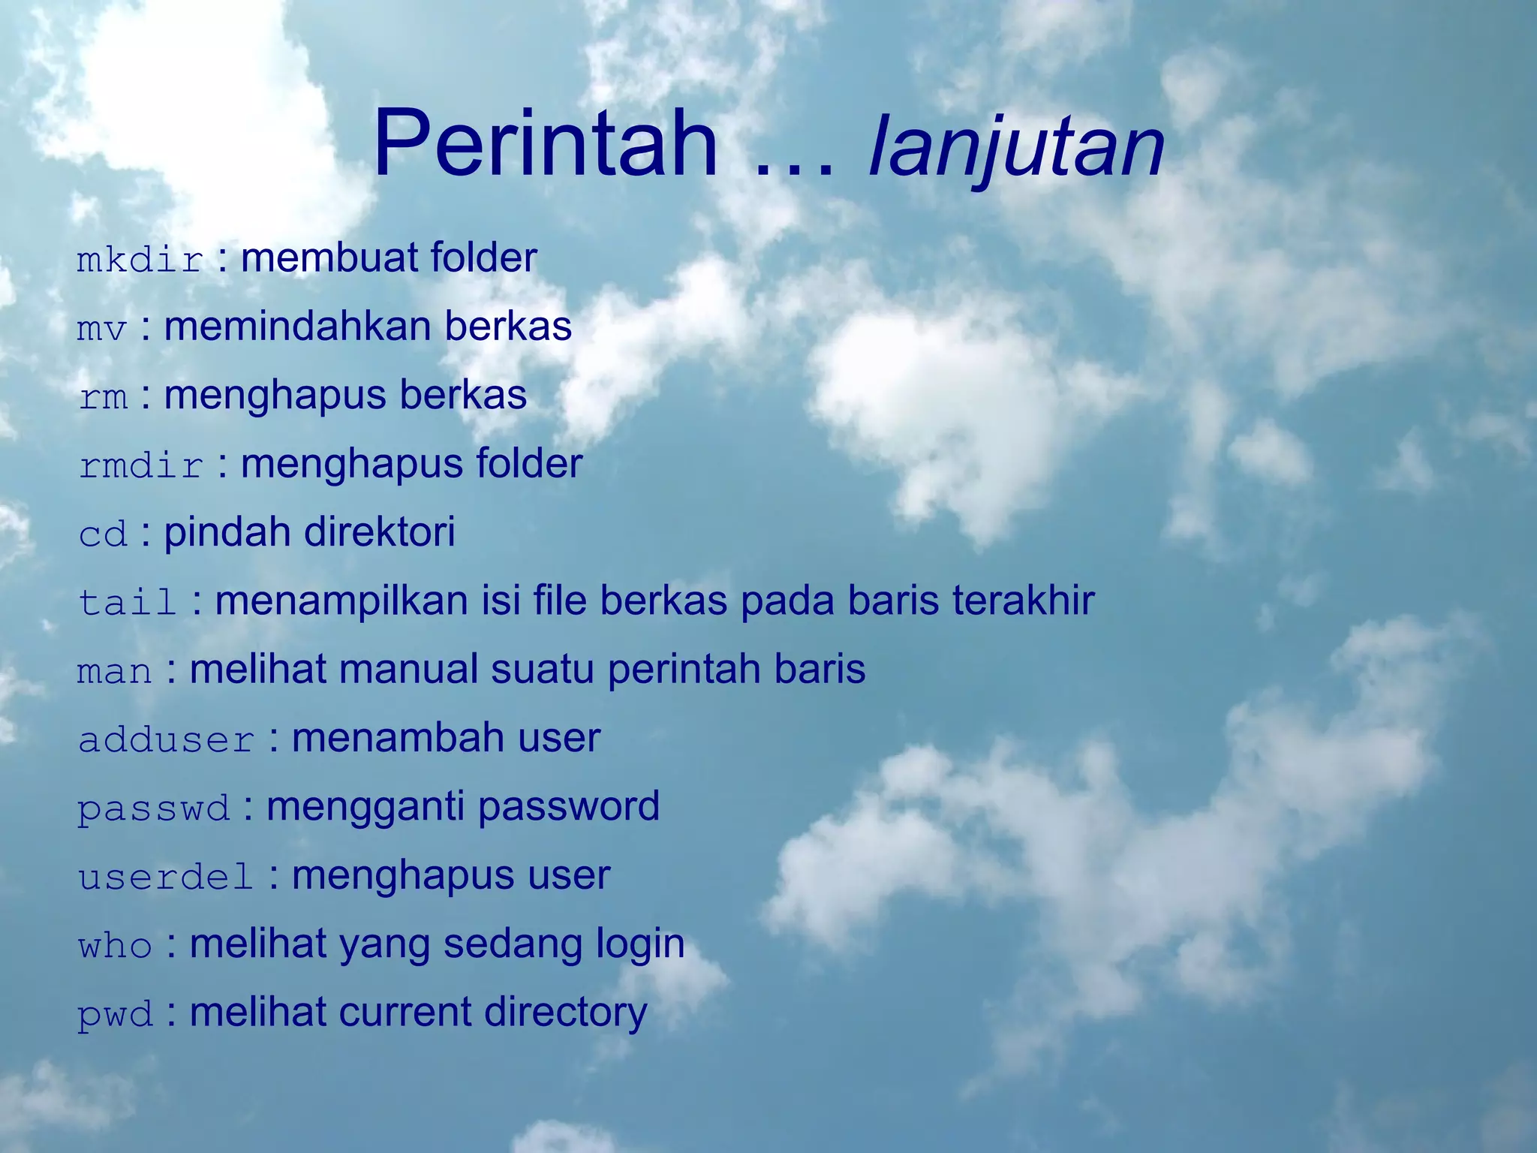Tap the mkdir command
[140, 260]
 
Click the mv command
[102, 329]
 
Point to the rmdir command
[141, 466]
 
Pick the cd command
[103, 534]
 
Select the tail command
[128, 603]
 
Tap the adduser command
[167, 740]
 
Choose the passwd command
[154, 809]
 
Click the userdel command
[166, 878]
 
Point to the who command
[115, 946]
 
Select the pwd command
[115, 1015]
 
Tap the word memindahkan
[297, 327]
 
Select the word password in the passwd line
[568, 807]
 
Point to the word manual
[408, 669]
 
